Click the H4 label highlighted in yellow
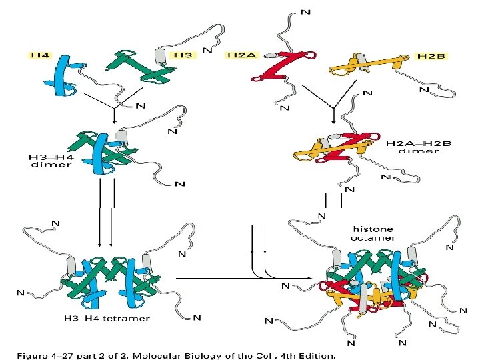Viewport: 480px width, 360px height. [40, 56]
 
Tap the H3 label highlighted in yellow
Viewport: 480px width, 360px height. [181, 56]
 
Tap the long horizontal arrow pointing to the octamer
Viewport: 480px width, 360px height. [240, 278]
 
